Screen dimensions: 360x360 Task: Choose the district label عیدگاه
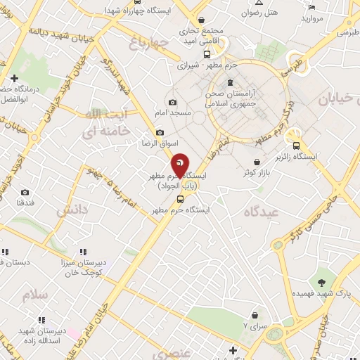[x=262, y=212]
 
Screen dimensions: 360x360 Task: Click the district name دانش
[x=71, y=210]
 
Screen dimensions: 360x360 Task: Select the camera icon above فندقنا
[x=25, y=193]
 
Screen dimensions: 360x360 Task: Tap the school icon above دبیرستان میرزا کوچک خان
[x=82, y=252]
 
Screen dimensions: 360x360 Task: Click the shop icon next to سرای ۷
[x=254, y=316]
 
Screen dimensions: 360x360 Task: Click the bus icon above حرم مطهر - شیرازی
[x=206, y=53]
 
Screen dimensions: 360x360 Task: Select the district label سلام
[x=34, y=294]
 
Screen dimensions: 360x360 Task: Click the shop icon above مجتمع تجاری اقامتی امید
[x=202, y=20]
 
